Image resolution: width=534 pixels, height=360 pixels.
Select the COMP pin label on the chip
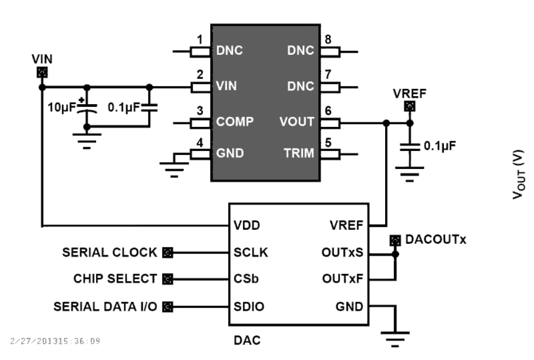235,122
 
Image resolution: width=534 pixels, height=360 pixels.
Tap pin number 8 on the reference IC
328,40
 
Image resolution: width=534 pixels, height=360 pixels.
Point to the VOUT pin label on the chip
296,122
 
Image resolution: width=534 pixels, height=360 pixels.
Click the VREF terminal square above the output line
409,106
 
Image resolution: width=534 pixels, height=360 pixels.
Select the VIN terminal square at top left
42,73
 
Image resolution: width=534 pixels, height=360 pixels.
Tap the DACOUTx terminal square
395,241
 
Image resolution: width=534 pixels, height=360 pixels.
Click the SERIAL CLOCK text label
109,253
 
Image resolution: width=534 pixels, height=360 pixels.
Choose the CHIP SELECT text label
115,279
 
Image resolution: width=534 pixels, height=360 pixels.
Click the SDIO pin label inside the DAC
249,306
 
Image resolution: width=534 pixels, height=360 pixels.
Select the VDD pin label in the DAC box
247,225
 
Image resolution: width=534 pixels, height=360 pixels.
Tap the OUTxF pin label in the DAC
342,279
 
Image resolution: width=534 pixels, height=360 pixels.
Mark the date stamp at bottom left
55,341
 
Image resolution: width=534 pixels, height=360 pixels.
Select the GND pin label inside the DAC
349,306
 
